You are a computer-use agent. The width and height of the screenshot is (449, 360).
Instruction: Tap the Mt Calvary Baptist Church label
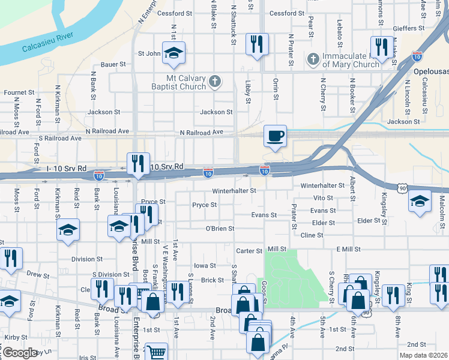pyautogui.click(x=186, y=82)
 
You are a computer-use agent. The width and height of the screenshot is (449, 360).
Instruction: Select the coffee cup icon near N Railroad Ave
pyautogui.click(x=275, y=136)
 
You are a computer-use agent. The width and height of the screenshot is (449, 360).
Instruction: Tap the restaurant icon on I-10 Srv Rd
pyautogui.click(x=138, y=163)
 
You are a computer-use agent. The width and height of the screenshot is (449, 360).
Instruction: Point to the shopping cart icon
pyautogui.click(x=156, y=353)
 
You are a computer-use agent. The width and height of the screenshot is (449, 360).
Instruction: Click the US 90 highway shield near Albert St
pyautogui.click(x=402, y=188)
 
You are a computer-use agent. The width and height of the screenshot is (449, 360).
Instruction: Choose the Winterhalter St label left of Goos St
pyautogui.click(x=234, y=191)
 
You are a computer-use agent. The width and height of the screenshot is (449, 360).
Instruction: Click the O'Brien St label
pyautogui.click(x=219, y=229)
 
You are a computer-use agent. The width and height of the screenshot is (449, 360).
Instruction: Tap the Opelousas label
pyautogui.click(x=430, y=71)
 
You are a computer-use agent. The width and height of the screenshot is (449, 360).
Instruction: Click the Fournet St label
pyautogui.click(x=19, y=93)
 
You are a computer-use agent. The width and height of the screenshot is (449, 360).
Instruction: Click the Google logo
pyautogui.click(x=20, y=352)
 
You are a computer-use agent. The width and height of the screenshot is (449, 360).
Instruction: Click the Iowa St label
pyautogui.click(x=205, y=265)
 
